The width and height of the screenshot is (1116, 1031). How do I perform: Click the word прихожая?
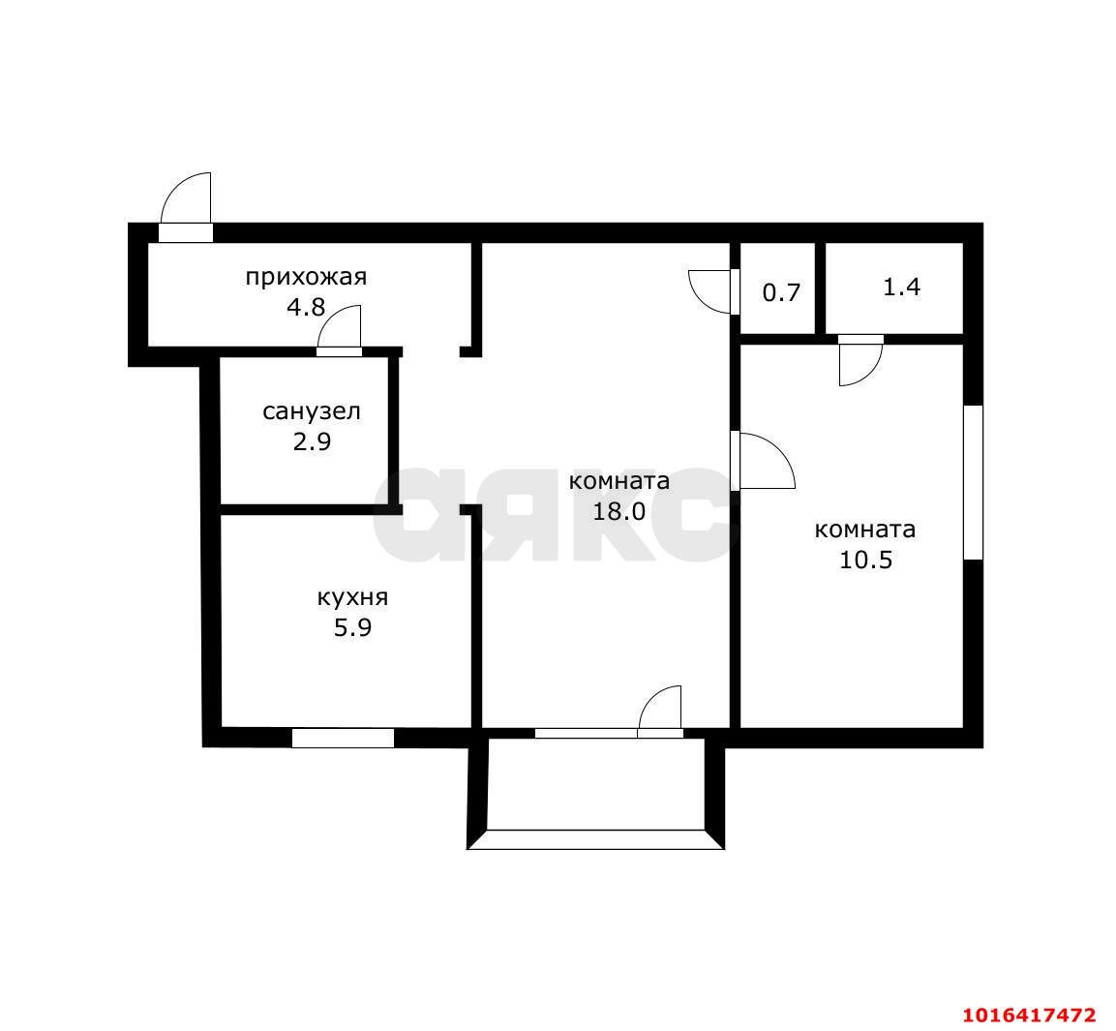[306, 276]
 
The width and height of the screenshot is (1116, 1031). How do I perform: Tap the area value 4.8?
[305, 307]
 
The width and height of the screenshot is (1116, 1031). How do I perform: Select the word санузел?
[312, 411]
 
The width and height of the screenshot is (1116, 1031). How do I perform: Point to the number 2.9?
[312, 442]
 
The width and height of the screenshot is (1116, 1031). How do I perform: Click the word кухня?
[353, 597]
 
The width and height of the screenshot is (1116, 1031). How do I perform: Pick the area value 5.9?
[353, 628]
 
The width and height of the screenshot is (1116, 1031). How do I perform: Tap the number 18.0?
[619, 511]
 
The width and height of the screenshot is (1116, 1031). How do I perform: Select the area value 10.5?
[865, 560]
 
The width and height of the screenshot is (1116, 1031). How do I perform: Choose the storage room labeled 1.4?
[894, 288]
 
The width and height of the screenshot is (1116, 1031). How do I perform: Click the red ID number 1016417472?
[1029, 1014]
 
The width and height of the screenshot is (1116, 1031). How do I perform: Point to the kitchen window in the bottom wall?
[343, 739]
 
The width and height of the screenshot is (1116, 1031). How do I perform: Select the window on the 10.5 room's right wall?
[973, 483]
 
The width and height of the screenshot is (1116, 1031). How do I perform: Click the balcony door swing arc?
[650, 698]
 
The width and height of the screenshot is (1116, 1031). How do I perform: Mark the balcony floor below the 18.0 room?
[595, 783]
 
